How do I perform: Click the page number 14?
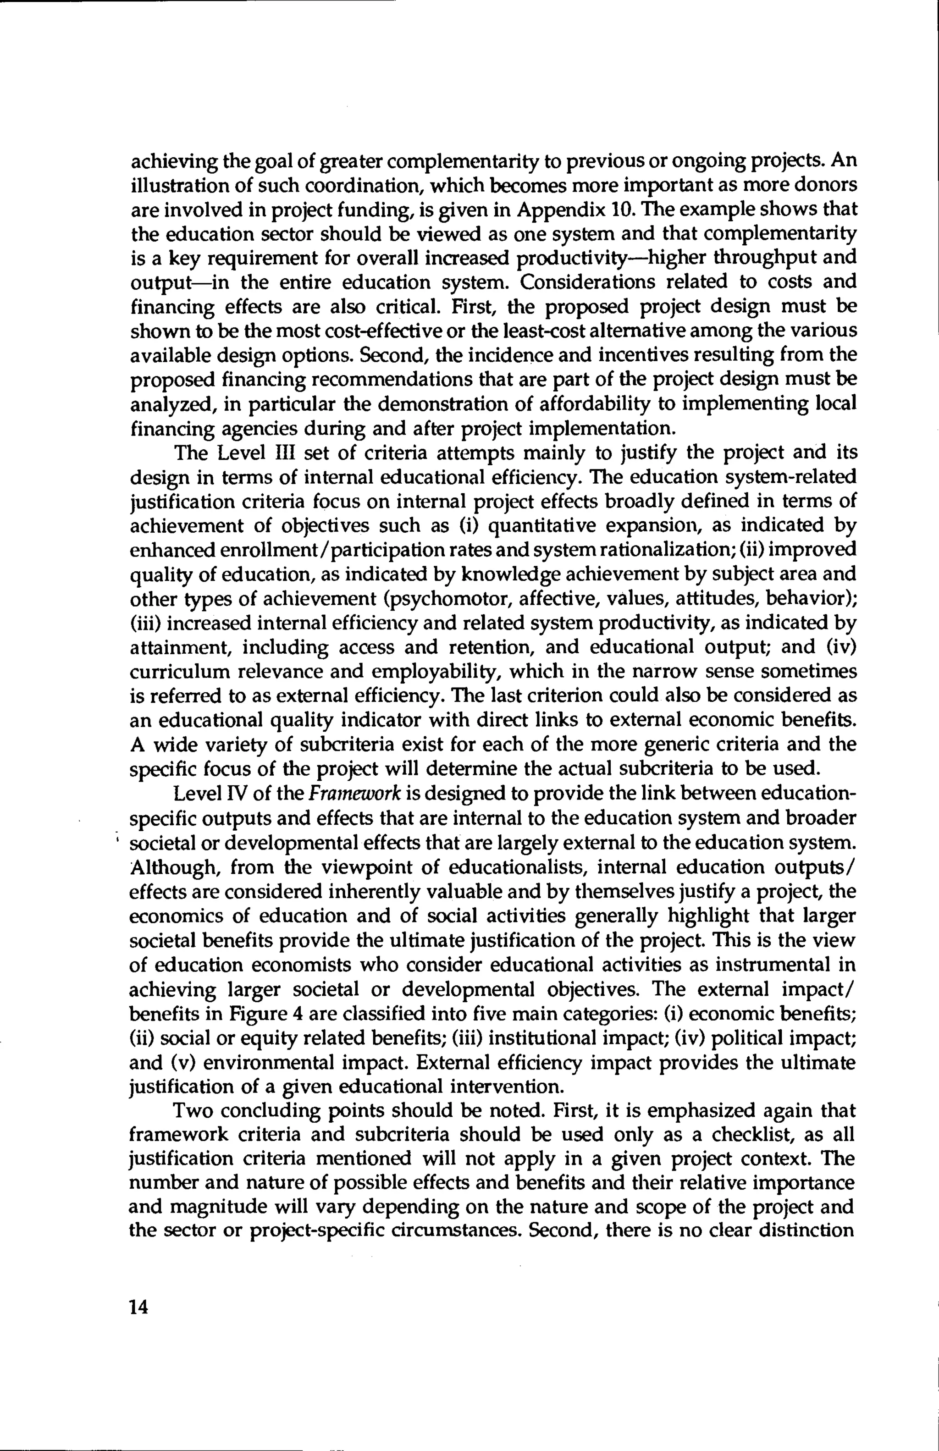coord(139,1307)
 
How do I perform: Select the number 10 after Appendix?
coord(619,209)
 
